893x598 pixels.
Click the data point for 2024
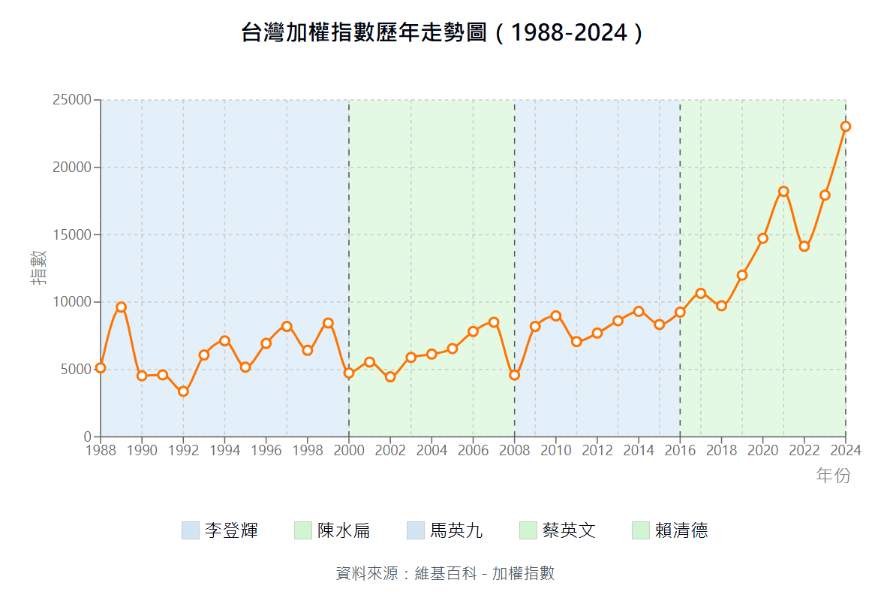(846, 126)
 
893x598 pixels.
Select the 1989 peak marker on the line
(121, 307)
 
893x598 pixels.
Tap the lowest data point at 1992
(183, 391)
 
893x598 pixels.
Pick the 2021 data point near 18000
(783, 192)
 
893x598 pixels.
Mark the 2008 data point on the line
(514, 375)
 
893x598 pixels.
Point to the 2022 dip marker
(804, 246)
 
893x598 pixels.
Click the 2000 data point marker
(349, 373)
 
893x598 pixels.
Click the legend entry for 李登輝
(220, 530)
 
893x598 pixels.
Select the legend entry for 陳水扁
(332, 530)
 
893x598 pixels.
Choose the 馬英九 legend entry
(445, 530)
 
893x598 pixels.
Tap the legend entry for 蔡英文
(558, 530)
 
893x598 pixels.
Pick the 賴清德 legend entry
(670, 530)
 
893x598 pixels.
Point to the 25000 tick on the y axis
(72, 100)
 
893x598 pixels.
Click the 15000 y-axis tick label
(72, 234)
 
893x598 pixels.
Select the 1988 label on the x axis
(101, 450)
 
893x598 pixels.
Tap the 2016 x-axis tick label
(680, 450)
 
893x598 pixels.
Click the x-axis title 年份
(833, 476)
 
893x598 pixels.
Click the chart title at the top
(443, 33)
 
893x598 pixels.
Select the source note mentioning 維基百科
(446, 573)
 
